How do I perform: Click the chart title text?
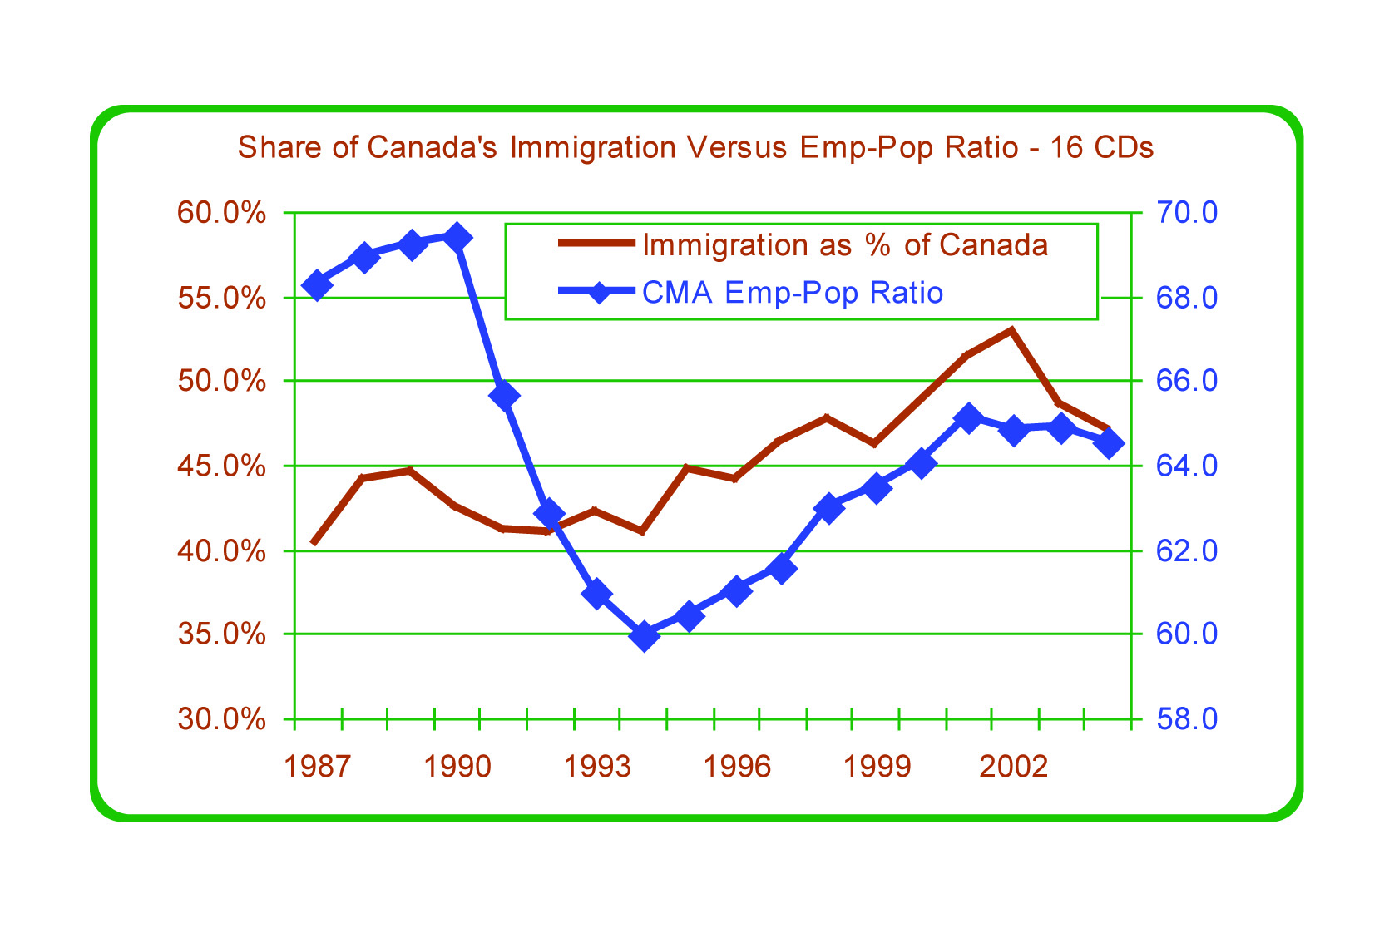(x=695, y=148)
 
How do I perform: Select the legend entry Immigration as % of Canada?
(x=844, y=245)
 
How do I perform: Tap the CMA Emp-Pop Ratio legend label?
(x=793, y=293)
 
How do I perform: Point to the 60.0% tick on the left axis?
(x=222, y=213)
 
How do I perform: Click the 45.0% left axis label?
(x=222, y=466)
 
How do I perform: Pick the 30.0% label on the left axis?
(x=222, y=719)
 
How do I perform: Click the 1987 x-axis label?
(x=317, y=767)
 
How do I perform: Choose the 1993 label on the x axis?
(x=596, y=767)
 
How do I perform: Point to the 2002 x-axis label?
(x=1014, y=767)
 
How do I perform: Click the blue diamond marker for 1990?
(x=457, y=238)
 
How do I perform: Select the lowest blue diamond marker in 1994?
(x=643, y=636)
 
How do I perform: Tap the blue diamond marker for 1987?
(x=317, y=285)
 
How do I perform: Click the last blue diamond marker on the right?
(x=1109, y=443)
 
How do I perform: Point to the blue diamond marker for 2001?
(x=968, y=417)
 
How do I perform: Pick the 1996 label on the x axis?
(x=736, y=767)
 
